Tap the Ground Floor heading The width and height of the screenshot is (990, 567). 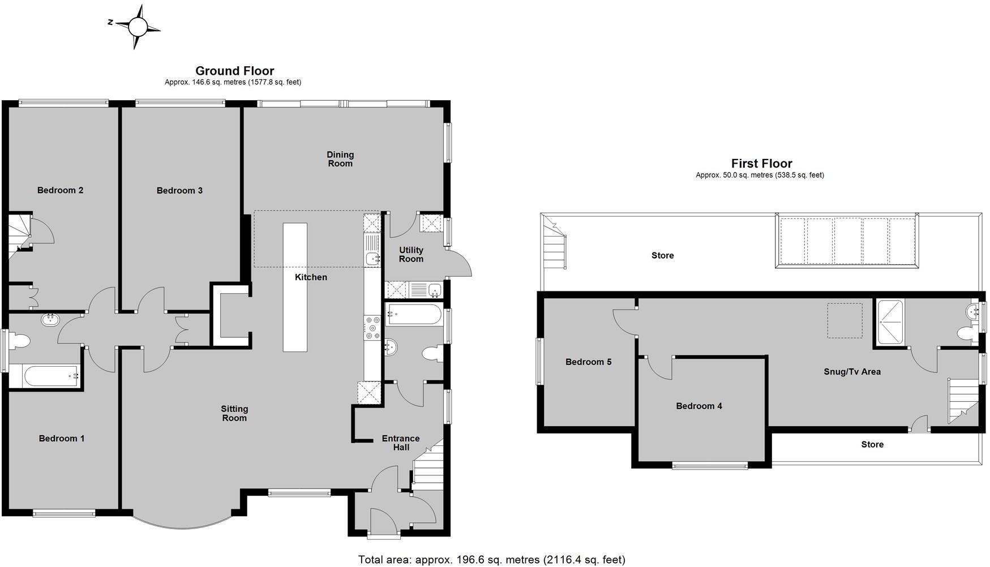pos(234,71)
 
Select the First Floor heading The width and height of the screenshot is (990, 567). pos(761,164)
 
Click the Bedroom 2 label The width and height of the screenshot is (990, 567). pos(60,190)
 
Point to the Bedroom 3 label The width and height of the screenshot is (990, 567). pos(179,191)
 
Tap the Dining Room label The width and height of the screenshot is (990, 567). pos(340,159)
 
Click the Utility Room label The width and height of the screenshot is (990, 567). pos(411,255)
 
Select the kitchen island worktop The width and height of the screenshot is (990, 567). pos(295,287)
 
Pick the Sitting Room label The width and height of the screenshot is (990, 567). pos(234,414)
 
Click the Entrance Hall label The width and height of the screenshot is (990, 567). pos(401,443)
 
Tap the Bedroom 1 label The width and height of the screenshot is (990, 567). pos(61,439)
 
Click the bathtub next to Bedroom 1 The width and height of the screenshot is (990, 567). pos(44,376)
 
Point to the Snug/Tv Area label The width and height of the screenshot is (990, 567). pos(852,372)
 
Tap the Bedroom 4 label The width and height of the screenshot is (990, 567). pos(698,406)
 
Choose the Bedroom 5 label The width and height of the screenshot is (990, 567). pos(588,362)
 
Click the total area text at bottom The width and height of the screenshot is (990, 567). pos(491,560)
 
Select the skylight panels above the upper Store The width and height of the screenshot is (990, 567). pos(847,242)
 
